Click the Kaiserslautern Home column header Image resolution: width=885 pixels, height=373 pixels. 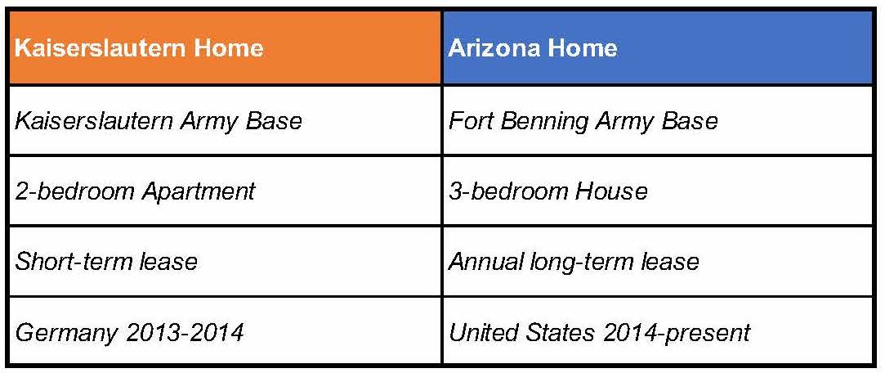pyautogui.click(x=226, y=47)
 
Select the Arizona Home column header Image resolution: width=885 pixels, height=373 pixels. pyautogui.click(x=658, y=47)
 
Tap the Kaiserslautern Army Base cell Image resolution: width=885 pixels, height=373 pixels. pyautogui.click(x=226, y=120)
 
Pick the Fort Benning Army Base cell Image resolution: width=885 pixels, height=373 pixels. pyautogui.click(x=658, y=120)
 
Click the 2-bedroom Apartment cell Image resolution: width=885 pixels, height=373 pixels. pyautogui.click(x=226, y=191)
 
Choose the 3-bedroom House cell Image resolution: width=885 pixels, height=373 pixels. pyautogui.click(x=658, y=191)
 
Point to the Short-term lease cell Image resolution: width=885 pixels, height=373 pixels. pyautogui.click(x=226, y=261)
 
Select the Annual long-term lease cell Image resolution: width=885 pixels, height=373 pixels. pyautogui.click(x=658, y=261)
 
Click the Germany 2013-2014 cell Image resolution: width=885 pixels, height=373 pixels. pyautogui.click(x=226, y=330)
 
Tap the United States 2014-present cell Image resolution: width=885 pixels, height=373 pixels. pyautogui.click(x=658, y=330)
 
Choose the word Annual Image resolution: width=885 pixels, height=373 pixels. pyautogui.click(x=486, y=261)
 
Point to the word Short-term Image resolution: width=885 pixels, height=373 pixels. pyautogui.click(x=70, y=261)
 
